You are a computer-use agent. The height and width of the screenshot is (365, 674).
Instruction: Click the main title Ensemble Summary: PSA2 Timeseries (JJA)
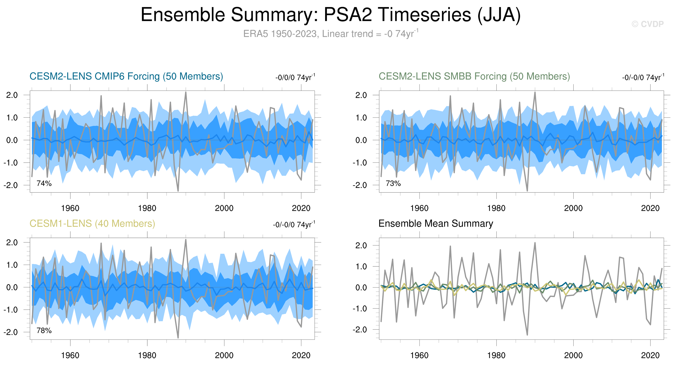click(330, 15)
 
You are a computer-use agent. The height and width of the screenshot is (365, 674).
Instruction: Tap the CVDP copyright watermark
click(648, 24)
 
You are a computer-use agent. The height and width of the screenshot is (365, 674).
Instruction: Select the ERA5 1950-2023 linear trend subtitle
click(330, 34)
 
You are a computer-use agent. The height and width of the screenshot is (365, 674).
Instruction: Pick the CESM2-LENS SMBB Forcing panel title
click(474, 76)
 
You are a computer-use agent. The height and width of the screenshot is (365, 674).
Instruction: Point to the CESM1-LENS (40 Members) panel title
click(92, 223)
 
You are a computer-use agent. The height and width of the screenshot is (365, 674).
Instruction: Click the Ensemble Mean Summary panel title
click(436, 223)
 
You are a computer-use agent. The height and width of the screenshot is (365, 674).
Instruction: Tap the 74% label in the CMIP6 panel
click(44, 183)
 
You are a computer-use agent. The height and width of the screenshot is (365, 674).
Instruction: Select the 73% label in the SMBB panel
click(393, 183)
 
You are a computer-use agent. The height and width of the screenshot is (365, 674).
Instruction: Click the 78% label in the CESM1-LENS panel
click(44, 330)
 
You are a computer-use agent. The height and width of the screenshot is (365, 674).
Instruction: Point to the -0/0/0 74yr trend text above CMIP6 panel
click(295, 77)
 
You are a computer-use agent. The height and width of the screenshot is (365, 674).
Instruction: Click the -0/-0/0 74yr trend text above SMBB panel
click(643, 77)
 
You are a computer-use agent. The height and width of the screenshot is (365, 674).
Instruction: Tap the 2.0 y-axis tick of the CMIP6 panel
click(12, 95)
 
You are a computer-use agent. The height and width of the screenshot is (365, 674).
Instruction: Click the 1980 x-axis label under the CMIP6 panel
click(147, 208)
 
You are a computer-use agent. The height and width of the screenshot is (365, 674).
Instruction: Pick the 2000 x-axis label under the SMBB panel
click(573, 208)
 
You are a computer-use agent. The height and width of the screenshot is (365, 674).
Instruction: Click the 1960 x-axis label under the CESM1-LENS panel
click(70, 355)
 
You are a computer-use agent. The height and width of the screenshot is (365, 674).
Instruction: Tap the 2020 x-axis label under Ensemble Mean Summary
click(650, 355)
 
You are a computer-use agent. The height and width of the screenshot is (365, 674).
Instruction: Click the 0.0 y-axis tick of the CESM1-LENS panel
click(12, 287)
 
